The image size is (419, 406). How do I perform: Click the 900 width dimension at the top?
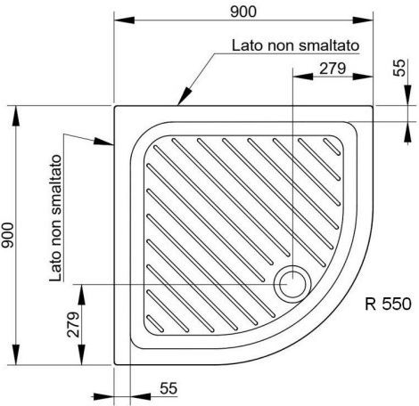[243, 12]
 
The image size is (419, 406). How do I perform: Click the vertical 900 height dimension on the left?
[7, 235]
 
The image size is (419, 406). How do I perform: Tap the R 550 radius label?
[388, 304]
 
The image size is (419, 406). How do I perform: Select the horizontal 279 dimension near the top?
[333, 69]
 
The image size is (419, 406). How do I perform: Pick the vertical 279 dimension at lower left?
[73, 324]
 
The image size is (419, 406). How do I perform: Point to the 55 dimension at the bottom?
[168, 388]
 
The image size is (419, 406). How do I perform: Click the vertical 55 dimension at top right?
[399, 68]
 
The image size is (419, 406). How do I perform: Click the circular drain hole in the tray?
[292, 284]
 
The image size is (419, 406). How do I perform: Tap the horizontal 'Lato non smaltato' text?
[295, 45]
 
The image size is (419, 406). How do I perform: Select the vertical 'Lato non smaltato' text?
[56, 218]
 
